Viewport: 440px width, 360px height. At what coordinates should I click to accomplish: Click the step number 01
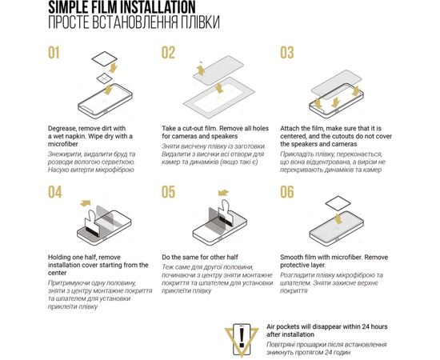[x=54, y=53]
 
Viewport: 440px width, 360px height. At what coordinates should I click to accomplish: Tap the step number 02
[x=168, y=53]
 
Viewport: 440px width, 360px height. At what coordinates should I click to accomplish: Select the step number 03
[x=287, y=53]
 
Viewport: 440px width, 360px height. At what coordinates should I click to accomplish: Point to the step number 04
[x=54, y=192]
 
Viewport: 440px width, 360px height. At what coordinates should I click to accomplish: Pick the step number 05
[x=168, y=192]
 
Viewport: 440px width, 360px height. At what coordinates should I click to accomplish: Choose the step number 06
[x=287, y=192]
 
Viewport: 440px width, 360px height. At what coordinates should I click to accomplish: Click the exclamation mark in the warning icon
[x=242, y=338]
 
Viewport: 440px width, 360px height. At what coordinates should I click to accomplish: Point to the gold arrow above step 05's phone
[x=223, y=193]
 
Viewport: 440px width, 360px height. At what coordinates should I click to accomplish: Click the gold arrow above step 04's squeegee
[x=86, y=203]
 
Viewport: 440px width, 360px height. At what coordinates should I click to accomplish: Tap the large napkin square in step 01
[x=105, y=59]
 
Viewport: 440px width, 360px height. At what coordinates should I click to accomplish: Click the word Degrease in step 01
[x=62, y=129]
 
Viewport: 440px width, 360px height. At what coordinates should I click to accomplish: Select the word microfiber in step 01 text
[x=63, y=144]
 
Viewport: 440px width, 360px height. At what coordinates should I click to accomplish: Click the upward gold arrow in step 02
[x=201, y=70]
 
